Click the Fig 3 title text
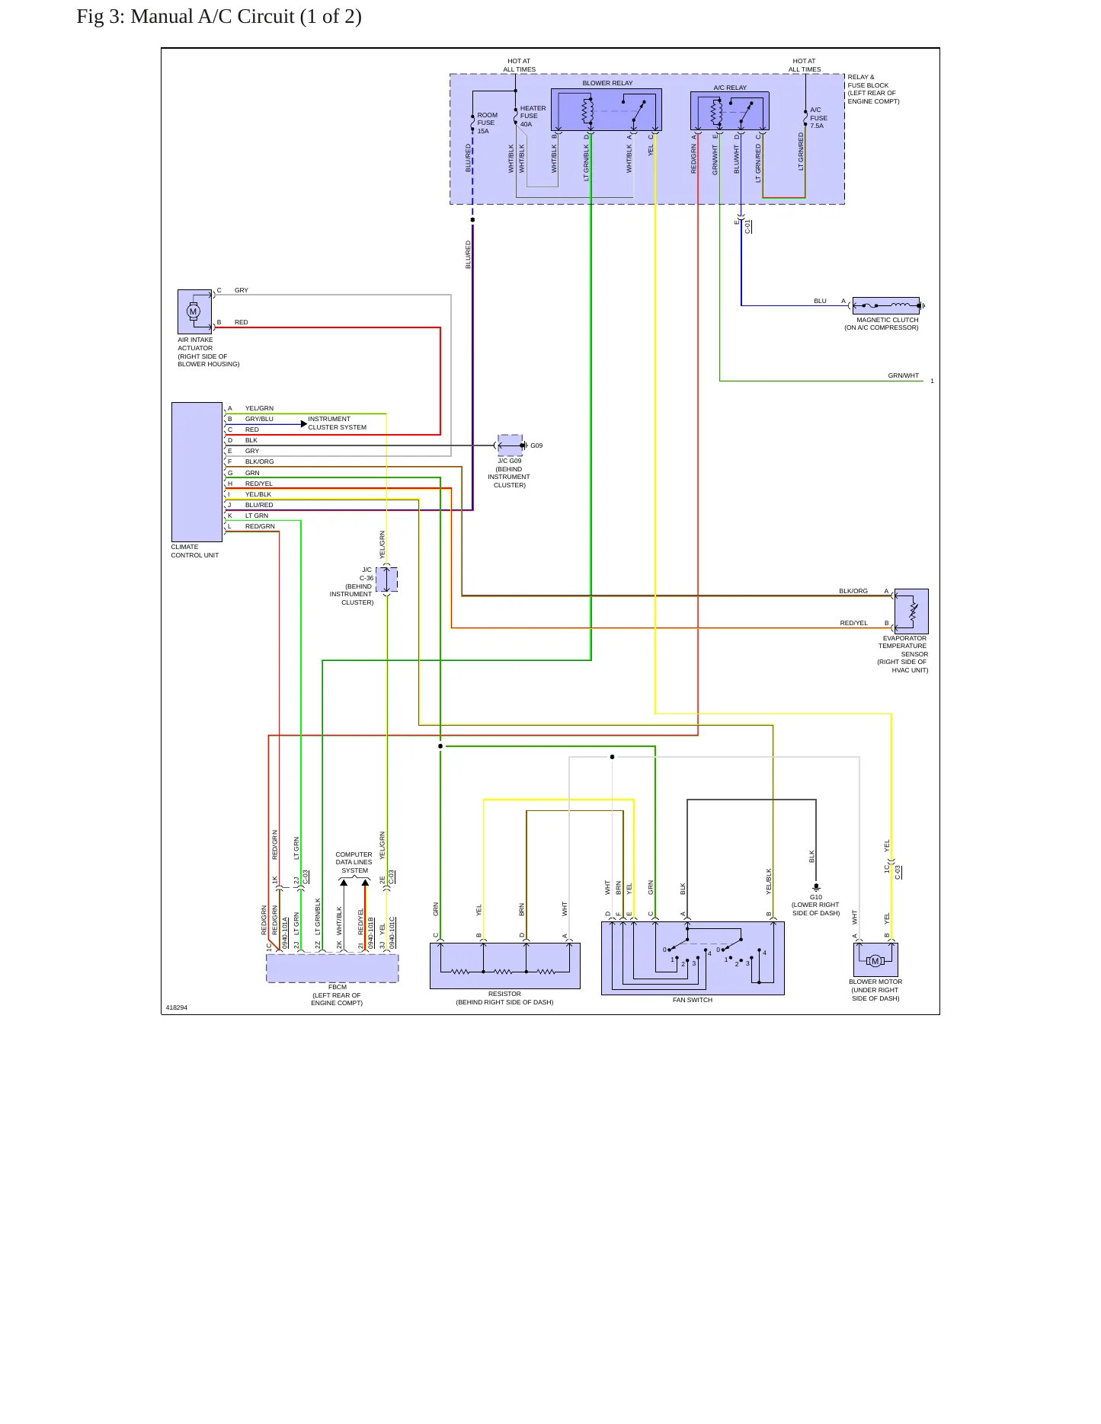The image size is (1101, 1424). click(219, 17)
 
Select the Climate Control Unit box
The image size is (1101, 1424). click(197, 472)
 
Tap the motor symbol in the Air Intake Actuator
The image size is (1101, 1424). click(193, 311)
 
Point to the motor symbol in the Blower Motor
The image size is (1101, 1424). click(875, 961)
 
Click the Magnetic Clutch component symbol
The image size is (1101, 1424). click(886, 305)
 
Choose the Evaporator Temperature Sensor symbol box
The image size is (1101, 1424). click(911, 611)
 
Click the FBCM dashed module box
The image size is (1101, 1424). click(332, 968)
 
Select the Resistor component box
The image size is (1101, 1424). click(504, 966)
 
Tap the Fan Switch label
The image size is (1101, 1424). click(693, 1000)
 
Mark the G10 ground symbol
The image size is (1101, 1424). click(816, 887)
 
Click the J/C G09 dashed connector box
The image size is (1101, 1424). click(510, 445)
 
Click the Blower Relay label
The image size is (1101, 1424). click(607, 83)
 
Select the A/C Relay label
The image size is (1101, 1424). click(730, 88)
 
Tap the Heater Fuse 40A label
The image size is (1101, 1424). click(533, 116)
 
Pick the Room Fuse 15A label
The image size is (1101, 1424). click(487, 123)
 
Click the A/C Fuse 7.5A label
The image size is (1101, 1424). click(818, 118)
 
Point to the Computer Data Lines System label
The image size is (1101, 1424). click(354, 862)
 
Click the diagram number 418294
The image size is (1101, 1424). click(177, 1007)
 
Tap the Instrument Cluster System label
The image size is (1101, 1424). click(337, 423)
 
